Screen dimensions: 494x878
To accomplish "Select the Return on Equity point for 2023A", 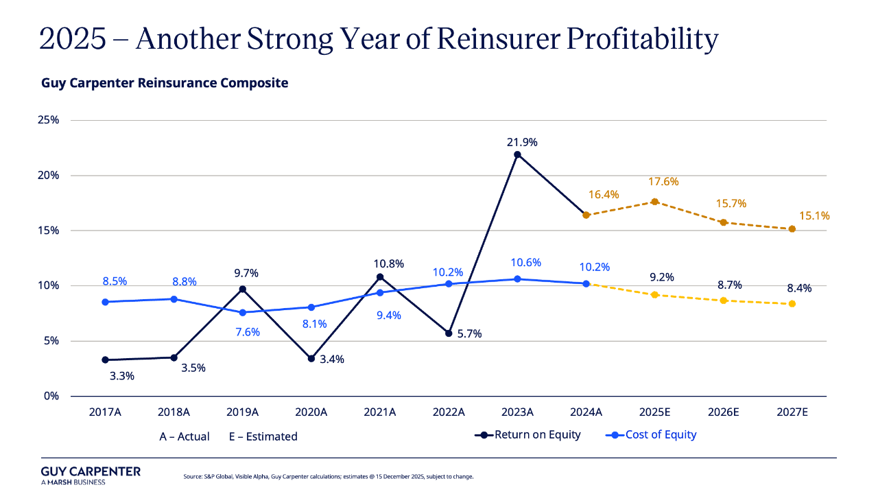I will coord(517,154).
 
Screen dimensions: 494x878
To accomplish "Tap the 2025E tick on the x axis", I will coord(654,412).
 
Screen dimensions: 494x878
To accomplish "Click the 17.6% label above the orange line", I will coord(663,182).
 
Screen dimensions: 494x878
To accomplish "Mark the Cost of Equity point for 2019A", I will coord(243,313).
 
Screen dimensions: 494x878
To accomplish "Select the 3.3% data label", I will coord(122,376).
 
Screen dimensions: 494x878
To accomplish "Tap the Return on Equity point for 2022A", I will coord(449,333).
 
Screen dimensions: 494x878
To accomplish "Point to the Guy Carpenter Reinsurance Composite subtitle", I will coord(165,83).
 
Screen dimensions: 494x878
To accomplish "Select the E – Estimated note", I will coord(263,436).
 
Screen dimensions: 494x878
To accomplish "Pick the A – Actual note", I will coord(185,436).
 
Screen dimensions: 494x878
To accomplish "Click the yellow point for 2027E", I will coord(792,304).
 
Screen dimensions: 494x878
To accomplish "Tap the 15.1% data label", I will coord(814,216).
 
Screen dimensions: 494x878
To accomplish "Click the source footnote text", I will coord(329,476).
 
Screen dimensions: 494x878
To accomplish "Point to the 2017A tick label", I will coord(105,412).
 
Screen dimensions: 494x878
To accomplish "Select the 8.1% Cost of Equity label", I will coord(316,324).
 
